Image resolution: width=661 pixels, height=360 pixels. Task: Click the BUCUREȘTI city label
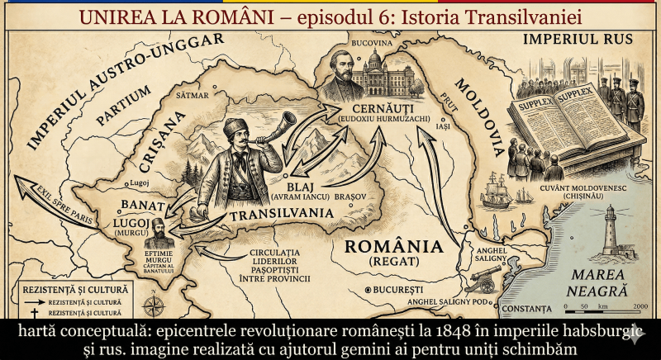click(397, 290)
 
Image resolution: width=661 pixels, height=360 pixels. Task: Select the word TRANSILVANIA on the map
click(273, 214)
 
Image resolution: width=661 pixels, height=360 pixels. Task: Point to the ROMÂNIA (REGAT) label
click(392, 252)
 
